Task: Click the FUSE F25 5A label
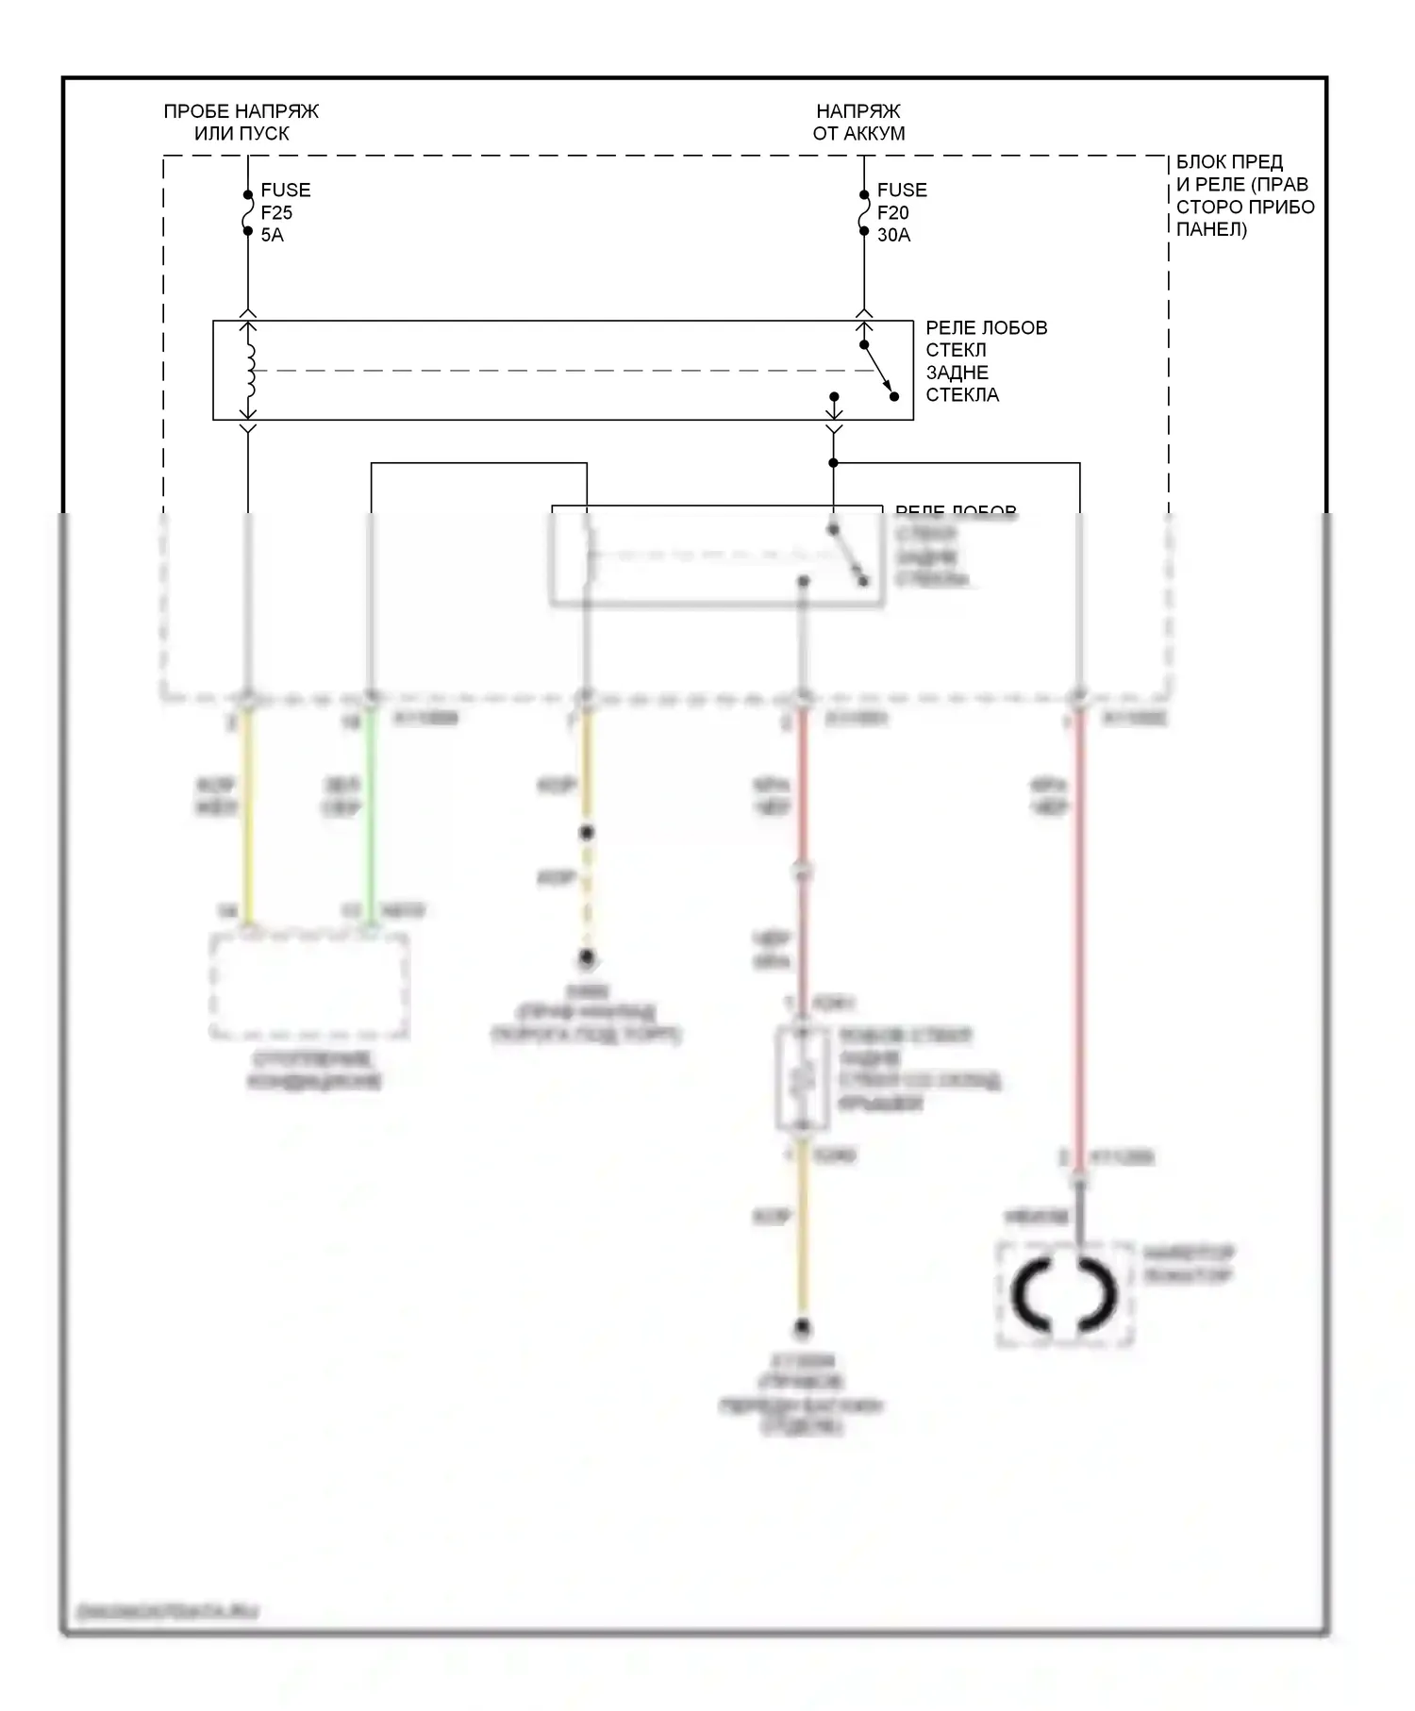tap(285, 212)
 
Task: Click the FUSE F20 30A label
tap(901, 212)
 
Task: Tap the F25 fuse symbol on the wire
tap(248, 213)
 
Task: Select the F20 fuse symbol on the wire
tap(864, 213)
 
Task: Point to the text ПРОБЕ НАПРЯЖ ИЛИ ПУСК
tap(241, 123)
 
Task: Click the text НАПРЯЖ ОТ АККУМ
tap(858, 123)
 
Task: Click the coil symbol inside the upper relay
tap(250, 370)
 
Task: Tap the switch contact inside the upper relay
tap(878, 371)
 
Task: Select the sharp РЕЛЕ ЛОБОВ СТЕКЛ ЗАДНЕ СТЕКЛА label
tap(986, 361)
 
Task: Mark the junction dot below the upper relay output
tap(833, 463)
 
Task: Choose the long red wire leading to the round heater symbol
tap(1079, 934)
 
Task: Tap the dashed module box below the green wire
tap(309, 987)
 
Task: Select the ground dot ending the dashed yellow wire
tap(587, 958)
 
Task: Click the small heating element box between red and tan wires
tap(802, 1078)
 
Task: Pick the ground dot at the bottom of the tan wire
tap(802, 1328)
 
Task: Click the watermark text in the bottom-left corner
tap(166, 1612)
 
